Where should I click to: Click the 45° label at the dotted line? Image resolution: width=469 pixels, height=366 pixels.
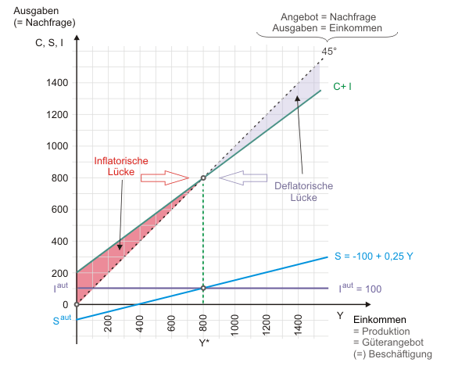point(328,52)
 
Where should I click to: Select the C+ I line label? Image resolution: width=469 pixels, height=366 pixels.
point(342,86)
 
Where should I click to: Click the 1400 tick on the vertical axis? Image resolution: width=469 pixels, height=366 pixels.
point(56,83)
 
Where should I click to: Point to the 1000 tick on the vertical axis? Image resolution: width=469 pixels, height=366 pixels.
point(56,146)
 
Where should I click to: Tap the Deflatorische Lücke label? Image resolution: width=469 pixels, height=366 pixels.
point(304,192)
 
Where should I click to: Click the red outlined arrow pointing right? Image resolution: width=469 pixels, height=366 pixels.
point(163,178)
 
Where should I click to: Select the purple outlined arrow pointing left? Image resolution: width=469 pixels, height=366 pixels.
point(242,178)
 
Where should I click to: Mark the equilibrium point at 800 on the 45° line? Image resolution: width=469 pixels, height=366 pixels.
point(203,178)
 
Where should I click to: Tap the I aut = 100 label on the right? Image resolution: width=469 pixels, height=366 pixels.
point(360,289)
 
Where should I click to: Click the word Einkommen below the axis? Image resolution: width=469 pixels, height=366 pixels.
point(378,321)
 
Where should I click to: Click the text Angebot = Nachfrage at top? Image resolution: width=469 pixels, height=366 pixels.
point(327,16)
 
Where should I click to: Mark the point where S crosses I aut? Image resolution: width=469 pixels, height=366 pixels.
point(203,288)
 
